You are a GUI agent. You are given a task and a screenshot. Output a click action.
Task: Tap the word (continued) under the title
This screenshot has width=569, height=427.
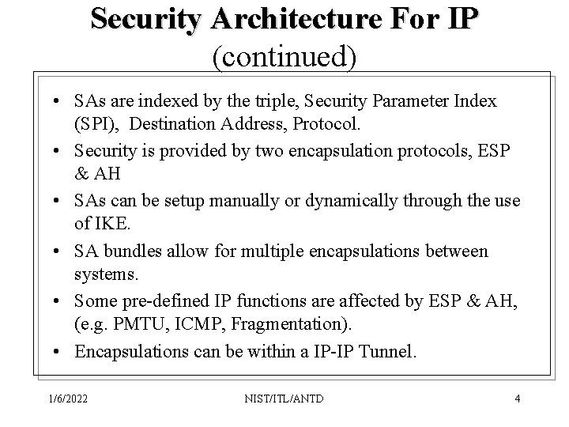(284, 55)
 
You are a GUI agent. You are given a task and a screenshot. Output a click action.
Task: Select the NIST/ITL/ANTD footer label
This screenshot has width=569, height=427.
(284, 398)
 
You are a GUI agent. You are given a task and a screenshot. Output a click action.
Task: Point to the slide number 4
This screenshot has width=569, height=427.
(517, 398)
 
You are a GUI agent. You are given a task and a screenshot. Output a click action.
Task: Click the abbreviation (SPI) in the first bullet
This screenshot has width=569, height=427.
(97, 125)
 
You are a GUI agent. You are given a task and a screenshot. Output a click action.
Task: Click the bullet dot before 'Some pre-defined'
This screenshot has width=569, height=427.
(60, 301)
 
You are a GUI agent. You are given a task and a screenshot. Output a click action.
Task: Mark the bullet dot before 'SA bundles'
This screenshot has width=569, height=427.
(60, 251)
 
